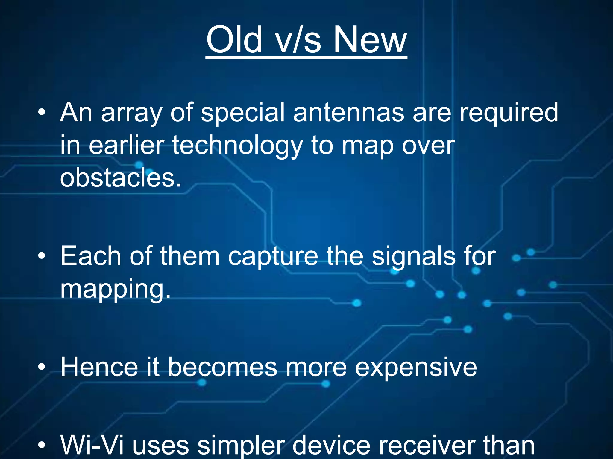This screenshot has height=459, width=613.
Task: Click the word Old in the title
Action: point(234,39)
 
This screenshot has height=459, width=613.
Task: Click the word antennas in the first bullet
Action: point(348,112)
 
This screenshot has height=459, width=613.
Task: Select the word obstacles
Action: point(120,178)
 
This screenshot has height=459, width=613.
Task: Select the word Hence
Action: point(99,367)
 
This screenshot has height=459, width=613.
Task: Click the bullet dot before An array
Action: point(42,113)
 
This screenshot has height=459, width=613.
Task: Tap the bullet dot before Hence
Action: point(42,367)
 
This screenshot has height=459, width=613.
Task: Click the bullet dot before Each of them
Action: point(42,256)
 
